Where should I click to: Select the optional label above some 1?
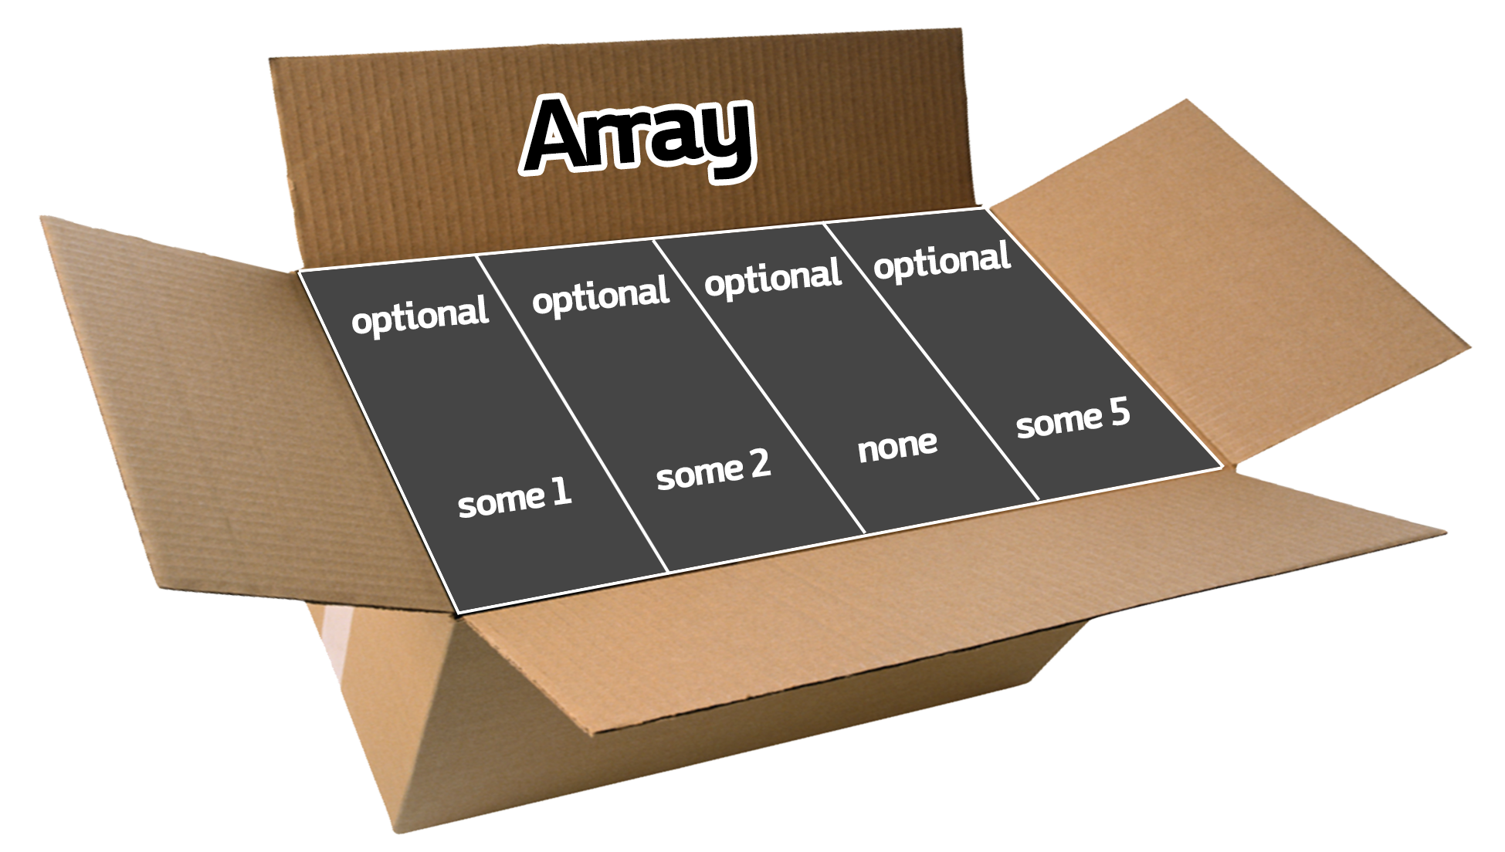tap(420, 314)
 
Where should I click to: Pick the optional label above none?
tap(772, 277)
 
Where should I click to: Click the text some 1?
tap(514, 498)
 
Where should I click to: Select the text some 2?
tap(713, 470)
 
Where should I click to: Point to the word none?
tap(897, 445)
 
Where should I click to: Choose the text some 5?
tap(1073, 419)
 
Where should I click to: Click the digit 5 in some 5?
tap(1120, 414)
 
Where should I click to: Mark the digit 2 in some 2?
tap(759, 464)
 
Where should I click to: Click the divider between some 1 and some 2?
tap(571, 414)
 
